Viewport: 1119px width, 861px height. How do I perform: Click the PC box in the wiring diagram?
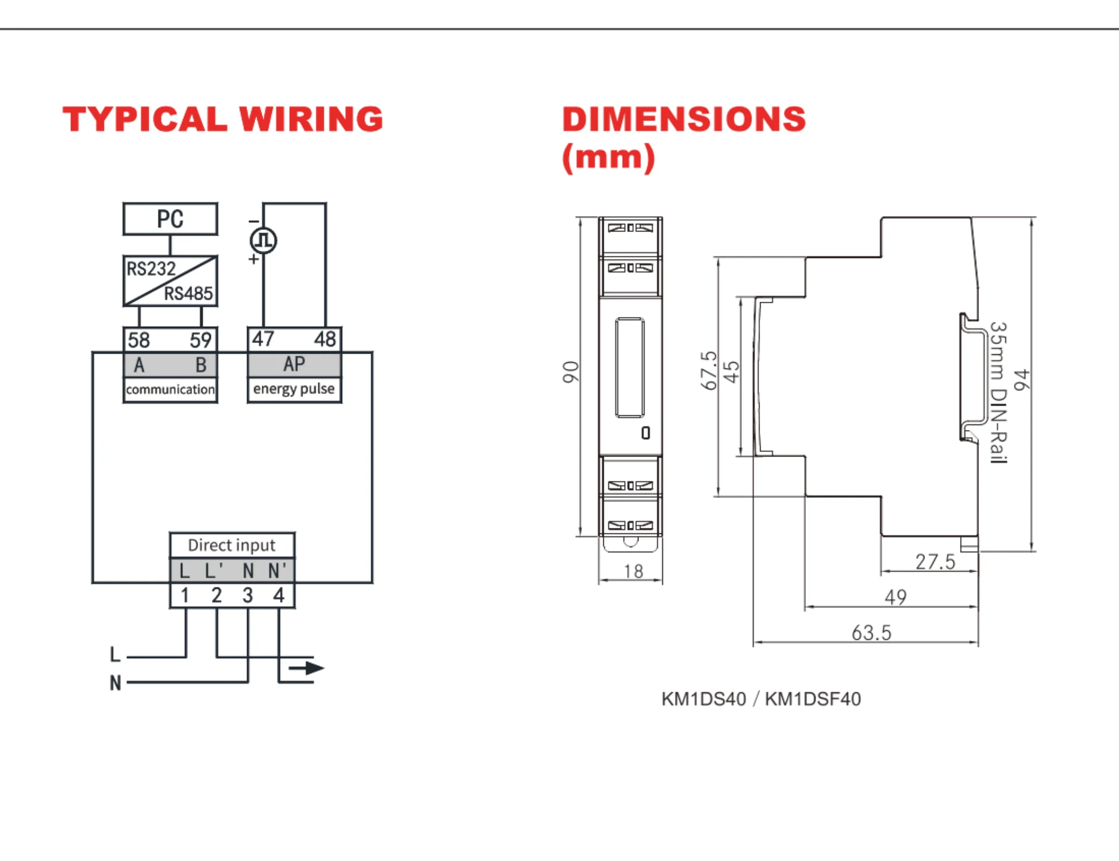(170, 219)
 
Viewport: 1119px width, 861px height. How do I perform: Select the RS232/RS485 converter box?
(170, 281)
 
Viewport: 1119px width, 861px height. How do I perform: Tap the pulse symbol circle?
(263, 241)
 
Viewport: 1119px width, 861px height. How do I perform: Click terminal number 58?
(139, 340)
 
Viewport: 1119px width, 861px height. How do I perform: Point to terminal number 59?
(201, 340)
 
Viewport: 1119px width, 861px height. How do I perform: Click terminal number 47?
(263, 339)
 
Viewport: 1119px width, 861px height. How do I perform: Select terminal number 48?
(325, 339)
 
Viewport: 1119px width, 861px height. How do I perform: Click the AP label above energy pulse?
(294, 364)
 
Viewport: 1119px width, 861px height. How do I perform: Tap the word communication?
(170, 389)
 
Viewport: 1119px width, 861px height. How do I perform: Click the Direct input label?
(232, 545)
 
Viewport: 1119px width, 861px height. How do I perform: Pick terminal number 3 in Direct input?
(248, 595)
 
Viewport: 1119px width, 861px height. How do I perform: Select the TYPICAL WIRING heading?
(223, 119)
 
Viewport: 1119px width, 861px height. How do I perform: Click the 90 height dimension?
(571, 372)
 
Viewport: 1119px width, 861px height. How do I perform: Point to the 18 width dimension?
(633, 572)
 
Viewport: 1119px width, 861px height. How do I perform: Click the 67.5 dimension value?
(708, 370)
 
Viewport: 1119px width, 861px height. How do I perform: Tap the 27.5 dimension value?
(935, 562)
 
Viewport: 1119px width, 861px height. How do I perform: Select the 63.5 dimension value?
(871, 633)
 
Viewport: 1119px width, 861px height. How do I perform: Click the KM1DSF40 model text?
(813, 699)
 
